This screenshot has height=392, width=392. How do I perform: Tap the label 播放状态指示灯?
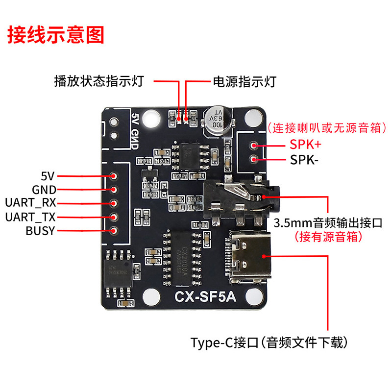[x=98, y=81]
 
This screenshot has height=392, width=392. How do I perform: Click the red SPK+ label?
[x=306, y=145]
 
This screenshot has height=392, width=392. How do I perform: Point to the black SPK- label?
[x=304, y=160]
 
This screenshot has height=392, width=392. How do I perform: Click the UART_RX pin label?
[x=30, y=203]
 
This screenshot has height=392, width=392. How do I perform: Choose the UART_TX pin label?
[x=30, y=217]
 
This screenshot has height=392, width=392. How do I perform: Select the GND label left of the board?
[x=44, y=190]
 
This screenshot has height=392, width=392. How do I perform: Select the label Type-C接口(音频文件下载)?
[x=271, y=342]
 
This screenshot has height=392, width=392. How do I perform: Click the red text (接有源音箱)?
[x=328, y=237]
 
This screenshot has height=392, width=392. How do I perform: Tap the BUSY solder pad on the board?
[x=114, y=231]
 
